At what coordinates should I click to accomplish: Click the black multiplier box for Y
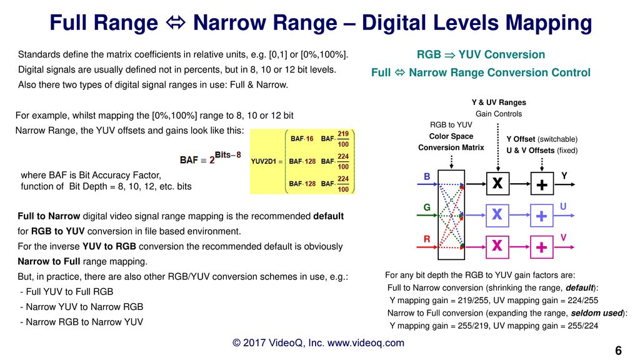click(497, 184)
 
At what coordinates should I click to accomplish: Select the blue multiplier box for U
click(497, 215)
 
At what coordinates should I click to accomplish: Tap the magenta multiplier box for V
click(497, 246)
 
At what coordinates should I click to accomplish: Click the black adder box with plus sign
click(542, 184)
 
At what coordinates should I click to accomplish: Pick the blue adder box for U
click(542, 215)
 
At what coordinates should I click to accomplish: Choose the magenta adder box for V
click(542, 246)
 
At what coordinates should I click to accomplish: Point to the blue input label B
click(427, 176)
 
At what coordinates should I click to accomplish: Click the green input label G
click(427, 207)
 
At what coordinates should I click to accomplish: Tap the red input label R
click(427, 239)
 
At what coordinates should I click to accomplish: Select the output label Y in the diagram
click(564, 176)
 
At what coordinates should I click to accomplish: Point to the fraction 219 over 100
click(343, 139)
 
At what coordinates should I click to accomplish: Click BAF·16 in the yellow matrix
click(302, 139)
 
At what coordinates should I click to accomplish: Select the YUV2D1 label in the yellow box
click(264, 162)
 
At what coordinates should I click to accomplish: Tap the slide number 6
click(618, 350)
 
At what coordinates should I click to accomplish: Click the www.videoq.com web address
click(366, 343)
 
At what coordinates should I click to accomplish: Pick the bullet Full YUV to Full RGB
click(66, 292)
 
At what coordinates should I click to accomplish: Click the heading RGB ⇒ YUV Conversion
click(481, 55)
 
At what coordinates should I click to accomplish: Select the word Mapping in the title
click(549, 23)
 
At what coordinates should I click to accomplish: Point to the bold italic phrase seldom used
click(597, 313)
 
